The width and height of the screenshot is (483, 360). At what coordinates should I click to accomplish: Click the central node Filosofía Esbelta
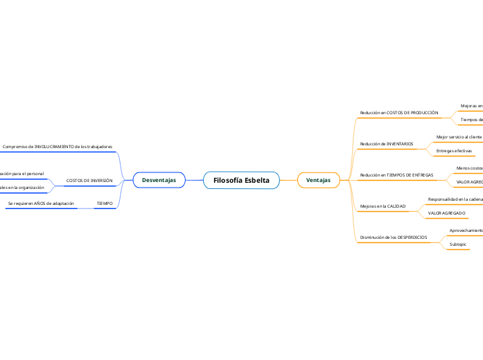[241, 180]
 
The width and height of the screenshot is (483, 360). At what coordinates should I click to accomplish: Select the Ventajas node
[318, 180]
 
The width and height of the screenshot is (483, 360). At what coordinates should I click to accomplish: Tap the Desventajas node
[159, 180]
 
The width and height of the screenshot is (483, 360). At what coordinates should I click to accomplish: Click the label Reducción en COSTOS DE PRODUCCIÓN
[399, 112]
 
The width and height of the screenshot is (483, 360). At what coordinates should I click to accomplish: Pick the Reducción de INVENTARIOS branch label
[387, 144]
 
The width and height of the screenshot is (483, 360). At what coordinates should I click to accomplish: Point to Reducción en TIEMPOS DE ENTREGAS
[397, 175]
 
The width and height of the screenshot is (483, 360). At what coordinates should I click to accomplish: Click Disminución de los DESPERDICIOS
[393, 237]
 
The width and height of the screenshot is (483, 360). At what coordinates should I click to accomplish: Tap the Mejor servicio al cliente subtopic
[459, 137]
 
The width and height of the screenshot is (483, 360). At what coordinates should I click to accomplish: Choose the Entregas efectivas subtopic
[454, 150]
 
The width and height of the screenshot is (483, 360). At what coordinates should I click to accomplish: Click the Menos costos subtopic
[469, 168]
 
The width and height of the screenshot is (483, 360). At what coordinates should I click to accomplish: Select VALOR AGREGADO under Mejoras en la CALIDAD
[446, 213]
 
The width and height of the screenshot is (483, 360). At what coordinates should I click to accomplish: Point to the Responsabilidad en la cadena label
[455, 199]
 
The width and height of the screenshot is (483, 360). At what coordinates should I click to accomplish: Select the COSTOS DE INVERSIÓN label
[89, 180]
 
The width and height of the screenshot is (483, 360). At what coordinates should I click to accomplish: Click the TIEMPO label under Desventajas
[105, 204]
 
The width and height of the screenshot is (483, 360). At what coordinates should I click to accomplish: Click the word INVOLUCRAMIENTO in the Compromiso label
[54, 147]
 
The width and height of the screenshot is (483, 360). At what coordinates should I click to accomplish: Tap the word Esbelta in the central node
[256, 180]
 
